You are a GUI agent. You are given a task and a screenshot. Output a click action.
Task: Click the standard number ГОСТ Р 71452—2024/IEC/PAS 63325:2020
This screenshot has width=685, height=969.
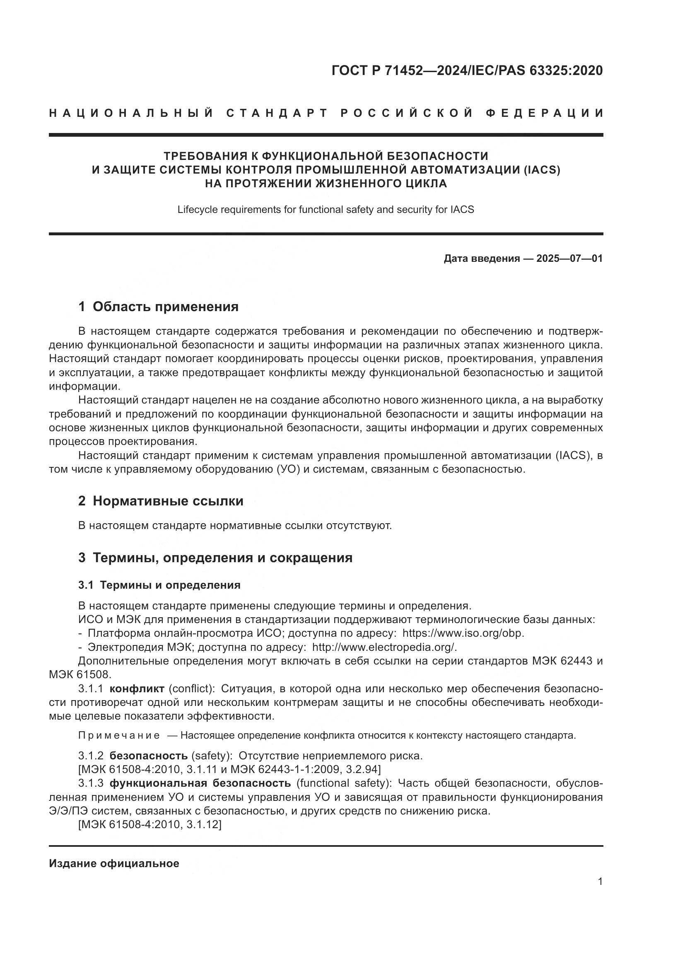[467, 70]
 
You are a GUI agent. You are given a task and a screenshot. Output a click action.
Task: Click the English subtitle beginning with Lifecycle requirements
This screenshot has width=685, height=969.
[326, 209]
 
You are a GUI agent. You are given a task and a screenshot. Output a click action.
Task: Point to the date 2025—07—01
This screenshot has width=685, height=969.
[569, 258]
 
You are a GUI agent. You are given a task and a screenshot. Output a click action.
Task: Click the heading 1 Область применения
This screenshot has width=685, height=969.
[158, 307]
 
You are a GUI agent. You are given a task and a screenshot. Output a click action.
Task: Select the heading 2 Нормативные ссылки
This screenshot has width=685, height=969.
[161, 501]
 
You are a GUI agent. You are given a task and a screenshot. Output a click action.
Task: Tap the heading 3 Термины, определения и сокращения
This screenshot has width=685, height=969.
[215, 558]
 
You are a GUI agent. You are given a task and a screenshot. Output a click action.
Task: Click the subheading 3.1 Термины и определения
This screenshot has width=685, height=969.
[159, 585]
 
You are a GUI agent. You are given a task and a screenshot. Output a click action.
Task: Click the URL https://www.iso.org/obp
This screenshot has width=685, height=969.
[463, 633]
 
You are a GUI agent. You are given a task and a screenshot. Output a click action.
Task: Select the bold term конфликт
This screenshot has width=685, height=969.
[137, 689]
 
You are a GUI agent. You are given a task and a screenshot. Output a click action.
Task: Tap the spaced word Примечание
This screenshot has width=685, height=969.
[119, 736]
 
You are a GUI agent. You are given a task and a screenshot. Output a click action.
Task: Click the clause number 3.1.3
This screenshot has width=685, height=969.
[91, 783]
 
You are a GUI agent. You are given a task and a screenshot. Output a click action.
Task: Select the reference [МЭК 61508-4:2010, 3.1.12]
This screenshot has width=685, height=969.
[150, 824]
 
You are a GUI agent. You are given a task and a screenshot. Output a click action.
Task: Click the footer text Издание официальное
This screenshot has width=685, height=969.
[114, 863]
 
